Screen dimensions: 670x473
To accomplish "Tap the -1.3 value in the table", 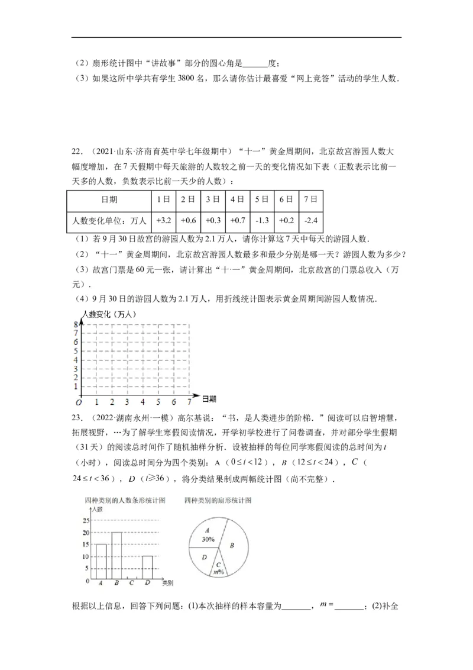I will (262, 220).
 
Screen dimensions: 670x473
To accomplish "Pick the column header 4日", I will (237, 199).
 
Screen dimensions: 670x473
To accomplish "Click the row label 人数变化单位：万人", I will (108, 220).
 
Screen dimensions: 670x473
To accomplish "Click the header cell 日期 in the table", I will (108, 199).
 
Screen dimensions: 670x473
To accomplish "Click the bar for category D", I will (147, 568).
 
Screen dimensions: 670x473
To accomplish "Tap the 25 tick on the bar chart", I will (86, 521).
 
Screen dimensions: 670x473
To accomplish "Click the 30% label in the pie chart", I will (208, 540).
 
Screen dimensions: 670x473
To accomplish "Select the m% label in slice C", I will (218, 572).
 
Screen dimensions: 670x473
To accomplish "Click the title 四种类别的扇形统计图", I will (218, 500).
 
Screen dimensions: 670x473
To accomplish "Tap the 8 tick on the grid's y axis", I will (76, 324).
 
